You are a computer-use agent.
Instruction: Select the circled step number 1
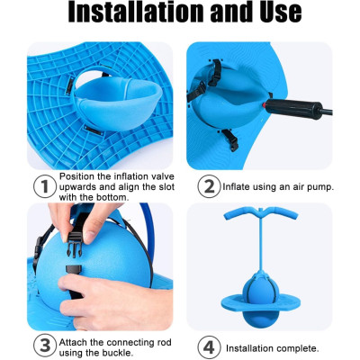click(45, 186)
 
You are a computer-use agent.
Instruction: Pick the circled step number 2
click(209, 186)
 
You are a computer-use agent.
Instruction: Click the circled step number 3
click(45, 346)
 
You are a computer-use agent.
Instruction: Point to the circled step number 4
click(209, 347)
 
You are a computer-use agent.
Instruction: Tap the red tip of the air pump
click(264, 105)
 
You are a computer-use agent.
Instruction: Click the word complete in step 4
click(298, 348)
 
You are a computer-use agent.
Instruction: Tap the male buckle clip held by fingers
click(74, 244)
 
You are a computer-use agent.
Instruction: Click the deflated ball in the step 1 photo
click(118, 103)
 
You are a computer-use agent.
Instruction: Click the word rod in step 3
click(163, 343)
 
